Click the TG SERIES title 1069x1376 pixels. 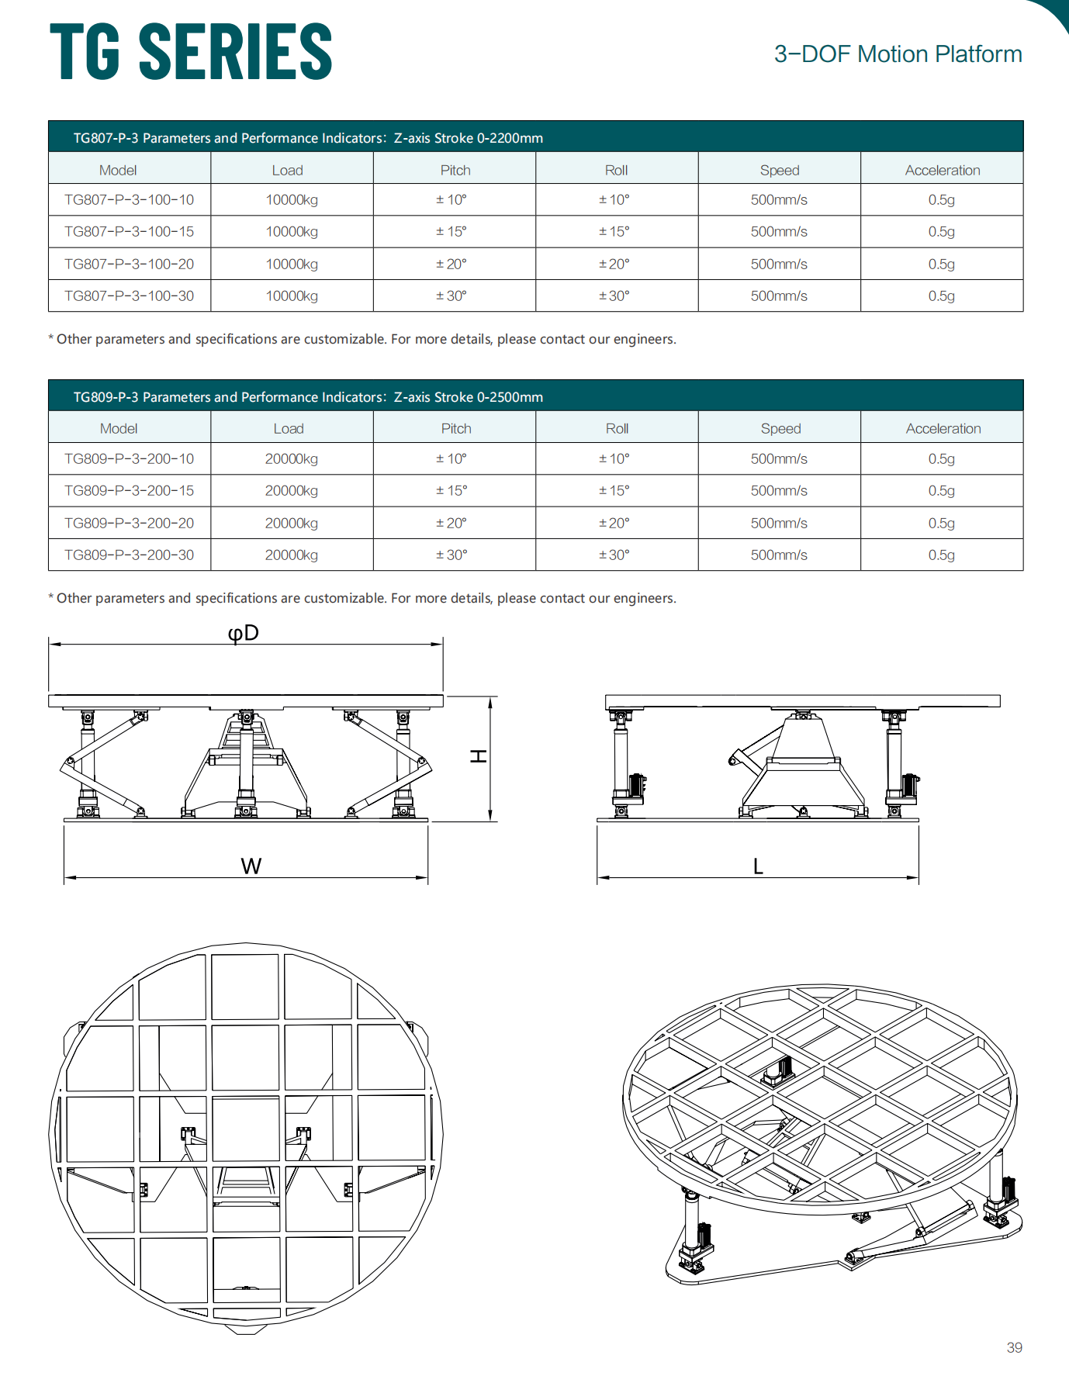click(x=191, y=52)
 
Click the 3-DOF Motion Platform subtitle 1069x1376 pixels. click(x=898, y=54)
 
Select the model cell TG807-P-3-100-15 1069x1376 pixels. click(x=129, y=232)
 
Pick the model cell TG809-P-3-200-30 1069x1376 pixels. click(x=129, y=555)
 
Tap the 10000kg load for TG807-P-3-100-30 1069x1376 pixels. click(x=292, y=296)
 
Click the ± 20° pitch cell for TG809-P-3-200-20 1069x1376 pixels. click(x=451, y=524)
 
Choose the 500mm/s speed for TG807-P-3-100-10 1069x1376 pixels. click(x=779, y=200)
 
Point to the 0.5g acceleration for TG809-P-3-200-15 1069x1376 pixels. click(x=941, y=491)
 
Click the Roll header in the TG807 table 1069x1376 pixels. click(x=616, y=171)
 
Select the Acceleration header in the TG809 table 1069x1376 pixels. click(x=943, y=429)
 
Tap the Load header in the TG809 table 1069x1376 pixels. click(x=288, y=429)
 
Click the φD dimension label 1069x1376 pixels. click(x=243, y=633)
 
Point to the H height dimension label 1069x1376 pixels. click(x=479, y=755)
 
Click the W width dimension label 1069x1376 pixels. click(x=251, y=866)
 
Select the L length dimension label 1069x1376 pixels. click(x=758, y=866)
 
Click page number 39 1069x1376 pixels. click(x=1014, y=1347)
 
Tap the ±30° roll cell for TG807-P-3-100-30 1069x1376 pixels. click(x=614, y=296)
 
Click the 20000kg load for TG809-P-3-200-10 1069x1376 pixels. click(x=292, y=459)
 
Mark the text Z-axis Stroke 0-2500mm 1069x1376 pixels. click(x=469, y=397)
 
